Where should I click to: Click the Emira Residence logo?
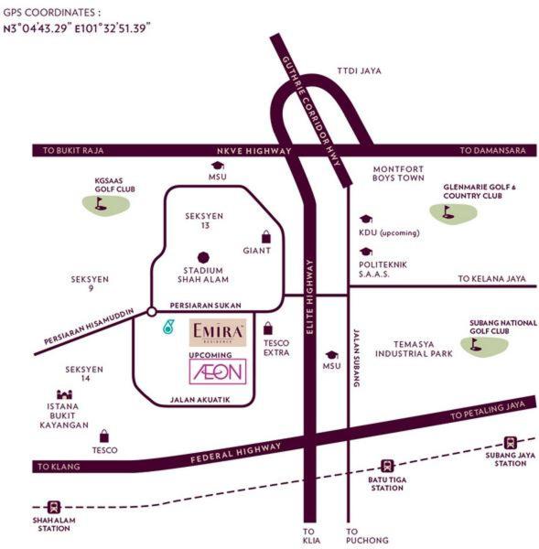pyautogui.click(x=218, y=332)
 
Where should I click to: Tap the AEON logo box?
pyautogui.click(x=218, y=371)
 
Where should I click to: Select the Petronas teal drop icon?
pyautogui.click(x=168, y=327)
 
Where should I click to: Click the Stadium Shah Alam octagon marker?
pyautogui.click(x=203, y=258)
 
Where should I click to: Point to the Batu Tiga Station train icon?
pyautogui.click(x=387, y=466)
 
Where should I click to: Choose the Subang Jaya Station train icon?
pyautogui.click(x=510, y=443)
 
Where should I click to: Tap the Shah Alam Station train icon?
pyautogui.click(x=54, y=507)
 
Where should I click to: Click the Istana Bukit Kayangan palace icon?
pyautogui.click(x=64, y=394)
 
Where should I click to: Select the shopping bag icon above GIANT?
pyautogui.click(x=266, y=237)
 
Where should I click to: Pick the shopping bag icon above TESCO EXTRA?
pyautogui.click(x=268, y=328)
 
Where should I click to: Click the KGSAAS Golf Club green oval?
pyautogui.click(x=106, y=205)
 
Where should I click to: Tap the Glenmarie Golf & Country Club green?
pyautogui.click(x=453, y=213)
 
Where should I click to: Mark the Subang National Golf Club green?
pyautogui.click(x=484, y=346)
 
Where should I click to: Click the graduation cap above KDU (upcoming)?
pyautogui.click(x=366, y=220)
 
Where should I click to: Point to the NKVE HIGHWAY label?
pyautogui.click(x=254, y=151)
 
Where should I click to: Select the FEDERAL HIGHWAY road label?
pyautogui.click(x=236, y=453)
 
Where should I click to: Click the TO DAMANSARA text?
pyautogui.click(x=492, y=151)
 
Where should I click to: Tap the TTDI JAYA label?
pyautogui.click(x=360, y=71)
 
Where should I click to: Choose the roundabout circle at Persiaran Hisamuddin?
pyautogui.click(x=152, y=311)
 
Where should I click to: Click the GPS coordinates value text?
pyautogui.click(x=77, y=28)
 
